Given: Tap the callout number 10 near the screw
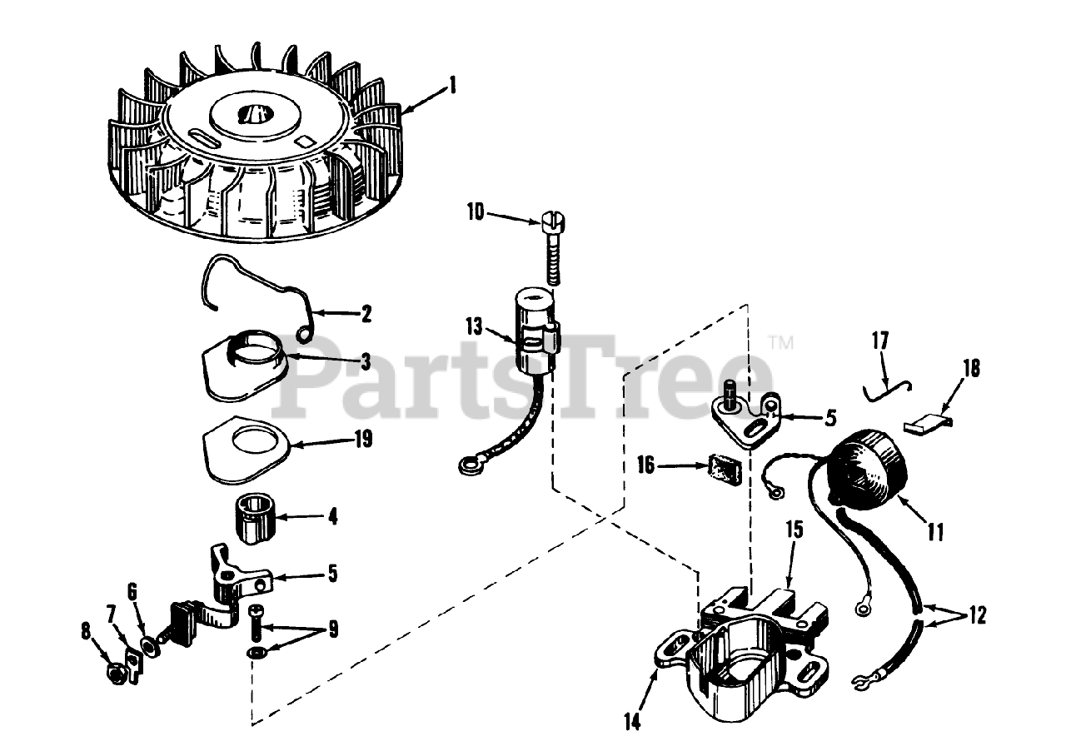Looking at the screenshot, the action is click(475, 212).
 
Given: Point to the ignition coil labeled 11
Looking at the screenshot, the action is click(871, 470).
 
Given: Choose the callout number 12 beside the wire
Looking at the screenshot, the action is click(977, 616).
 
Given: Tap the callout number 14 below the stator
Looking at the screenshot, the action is click(635, 720).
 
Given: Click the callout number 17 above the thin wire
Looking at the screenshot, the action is click(880, 341).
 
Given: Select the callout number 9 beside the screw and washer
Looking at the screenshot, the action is click(332, 629).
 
